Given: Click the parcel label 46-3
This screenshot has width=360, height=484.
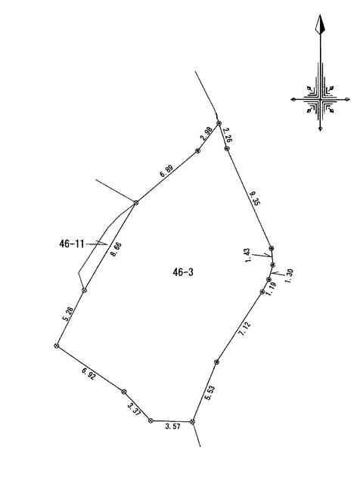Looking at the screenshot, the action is (x=183, y=272).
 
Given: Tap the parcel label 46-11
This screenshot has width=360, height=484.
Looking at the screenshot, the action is (x=72, y=244).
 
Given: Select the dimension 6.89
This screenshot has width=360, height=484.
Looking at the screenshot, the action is (x=166, y=171).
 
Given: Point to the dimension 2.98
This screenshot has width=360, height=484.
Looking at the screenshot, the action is (x=206, y=133).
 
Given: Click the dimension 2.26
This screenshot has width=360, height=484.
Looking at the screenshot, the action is (x=227, y=135).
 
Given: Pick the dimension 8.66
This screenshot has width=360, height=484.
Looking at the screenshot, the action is (x=116, y=250).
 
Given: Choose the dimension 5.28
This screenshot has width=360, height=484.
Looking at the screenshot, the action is (x=69, y=314).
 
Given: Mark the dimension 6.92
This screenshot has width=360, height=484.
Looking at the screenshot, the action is (x=88, y=374).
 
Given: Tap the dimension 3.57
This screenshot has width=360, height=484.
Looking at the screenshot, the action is (x=172, y=427).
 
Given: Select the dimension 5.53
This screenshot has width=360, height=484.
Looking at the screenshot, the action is (x=209, y=393).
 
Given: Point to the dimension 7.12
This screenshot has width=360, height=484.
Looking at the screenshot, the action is (x=244, y=329).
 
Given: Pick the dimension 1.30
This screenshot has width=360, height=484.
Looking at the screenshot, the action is (x=289, y=276).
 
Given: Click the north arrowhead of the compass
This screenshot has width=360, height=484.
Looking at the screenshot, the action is (x=320, y=23).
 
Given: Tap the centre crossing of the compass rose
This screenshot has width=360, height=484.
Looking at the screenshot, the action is (x=321, y=99).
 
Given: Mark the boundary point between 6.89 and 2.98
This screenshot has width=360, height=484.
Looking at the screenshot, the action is (x=197, y=150).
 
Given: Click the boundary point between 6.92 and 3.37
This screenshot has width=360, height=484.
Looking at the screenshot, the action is (x=123, y=392).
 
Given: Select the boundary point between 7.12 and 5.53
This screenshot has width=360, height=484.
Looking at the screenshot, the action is (x=216, y=361).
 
